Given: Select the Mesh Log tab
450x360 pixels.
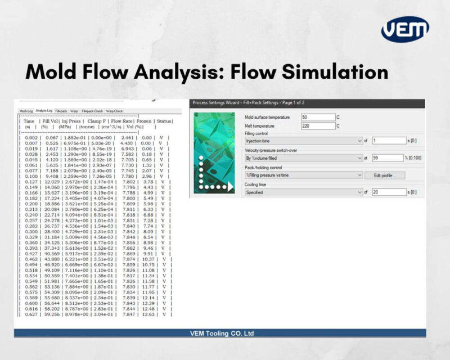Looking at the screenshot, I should (x=26, y=111).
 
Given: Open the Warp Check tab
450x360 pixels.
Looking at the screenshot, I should (x=115, y=111).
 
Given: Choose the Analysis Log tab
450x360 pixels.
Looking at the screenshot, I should (x=44, y=111).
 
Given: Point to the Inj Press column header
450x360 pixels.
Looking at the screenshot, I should (x=69, y=121).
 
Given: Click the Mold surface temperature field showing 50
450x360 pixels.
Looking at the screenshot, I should (x=318, y=117).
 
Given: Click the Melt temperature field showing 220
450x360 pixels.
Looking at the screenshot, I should (x=318, y=126).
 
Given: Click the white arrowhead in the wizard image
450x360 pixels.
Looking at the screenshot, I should (x=228, y=186).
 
